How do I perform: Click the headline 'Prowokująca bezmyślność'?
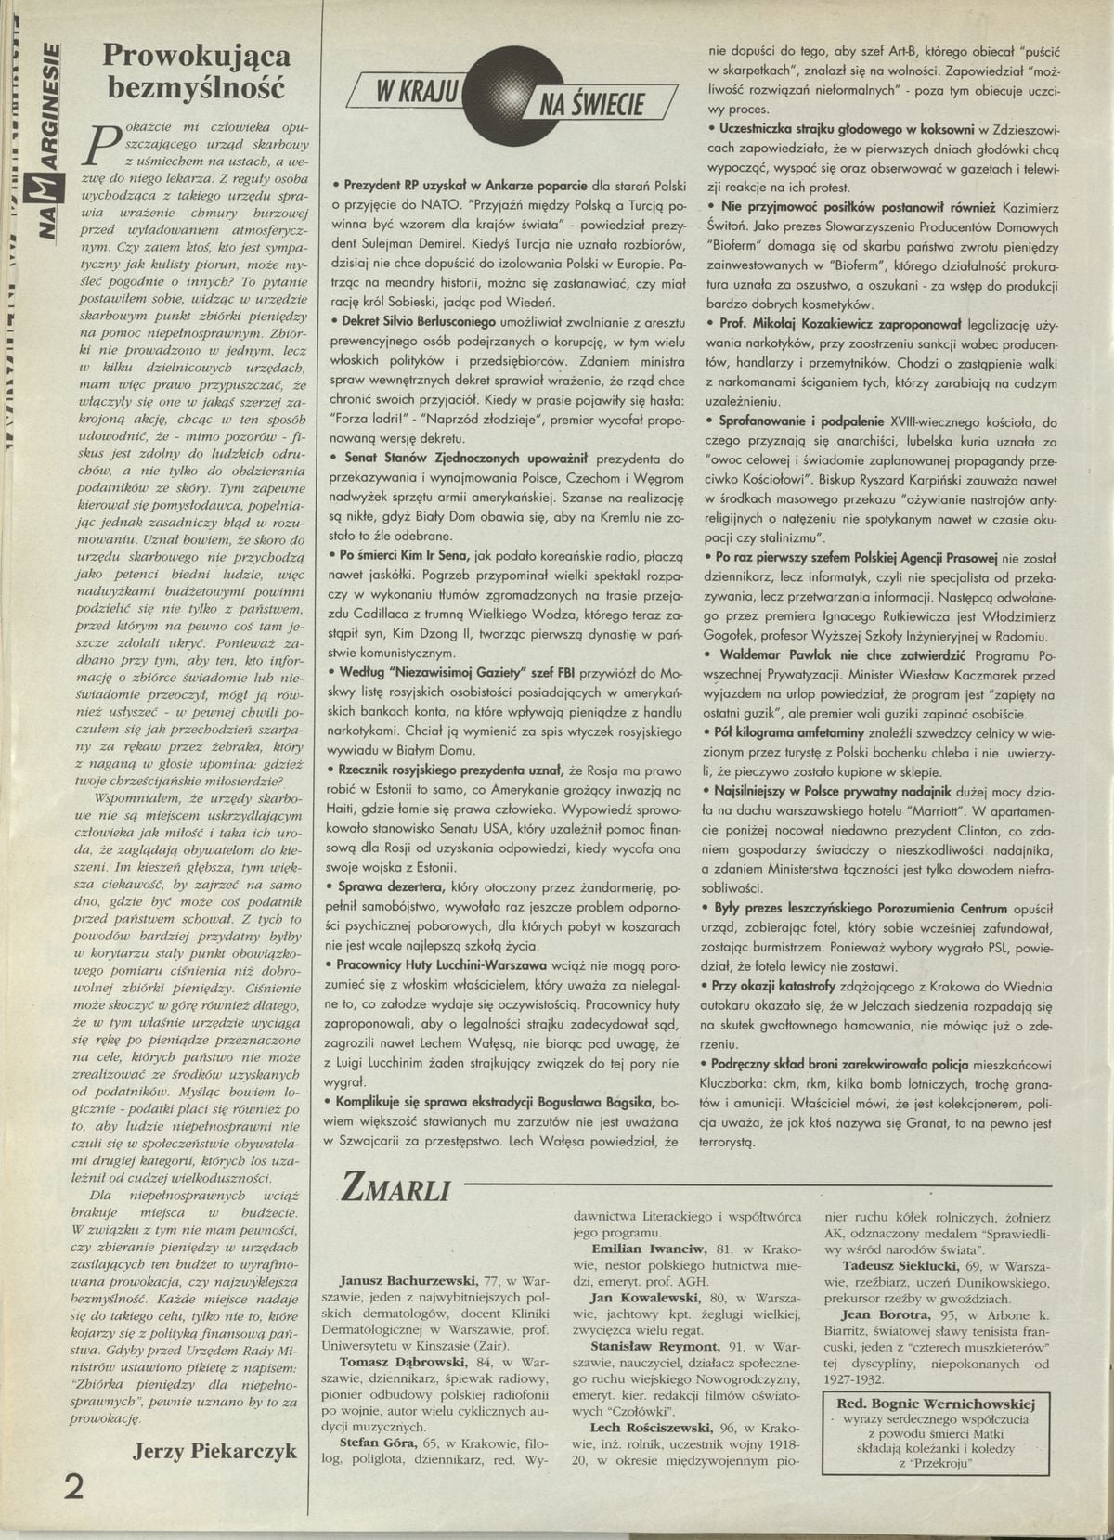pos(196,71)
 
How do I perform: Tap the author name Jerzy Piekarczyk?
pos(215,1451)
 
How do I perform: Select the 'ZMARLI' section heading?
pos(395,1188)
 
